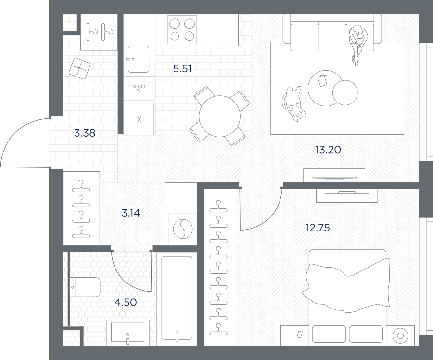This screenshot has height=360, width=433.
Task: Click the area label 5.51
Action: (x=182, y=68)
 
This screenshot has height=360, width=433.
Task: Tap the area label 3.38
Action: (x=85, y=133)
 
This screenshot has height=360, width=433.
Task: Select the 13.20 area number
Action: (x=328, y=150)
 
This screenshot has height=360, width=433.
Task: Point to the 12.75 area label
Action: (x=318, y=228)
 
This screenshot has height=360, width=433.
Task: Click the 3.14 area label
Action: (x=130, y=213)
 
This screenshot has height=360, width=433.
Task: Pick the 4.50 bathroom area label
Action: (x=126, y=303)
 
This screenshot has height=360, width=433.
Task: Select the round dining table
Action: (x=219, y=116)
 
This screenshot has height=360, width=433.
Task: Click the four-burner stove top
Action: (x=182, y=30)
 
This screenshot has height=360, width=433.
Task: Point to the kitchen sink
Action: (x=139, y=59)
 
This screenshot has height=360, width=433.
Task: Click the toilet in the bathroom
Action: (x=85, y=287)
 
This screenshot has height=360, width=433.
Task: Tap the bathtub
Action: (x=177, y=298)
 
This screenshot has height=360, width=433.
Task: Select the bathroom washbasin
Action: (x=127, y=333)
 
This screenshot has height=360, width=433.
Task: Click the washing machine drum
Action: (x=182, y=229)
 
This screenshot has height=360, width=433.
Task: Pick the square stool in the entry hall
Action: (x=79, y=68)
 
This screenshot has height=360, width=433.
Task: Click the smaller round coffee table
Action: (x=345, y=92)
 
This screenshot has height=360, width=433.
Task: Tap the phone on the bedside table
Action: (x=299, y=334)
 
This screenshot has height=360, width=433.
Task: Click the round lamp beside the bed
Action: (x=400, y=335)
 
